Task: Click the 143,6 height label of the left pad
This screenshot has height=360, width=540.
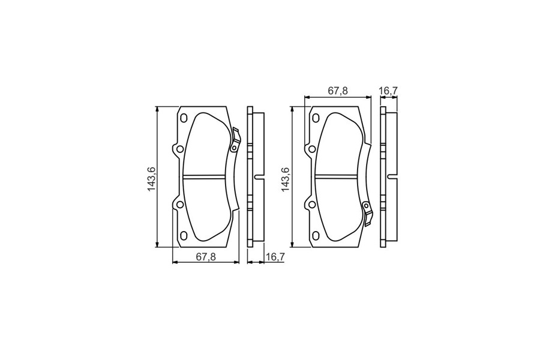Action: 152,179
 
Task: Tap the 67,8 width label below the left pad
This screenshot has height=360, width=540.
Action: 206,257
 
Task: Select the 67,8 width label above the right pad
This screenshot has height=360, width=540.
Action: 338,91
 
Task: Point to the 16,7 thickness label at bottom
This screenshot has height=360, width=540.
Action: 274,257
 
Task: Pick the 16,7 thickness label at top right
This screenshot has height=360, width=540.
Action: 388,91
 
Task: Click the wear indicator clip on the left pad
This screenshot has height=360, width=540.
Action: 235,140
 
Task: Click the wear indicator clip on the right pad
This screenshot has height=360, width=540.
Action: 367,214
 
